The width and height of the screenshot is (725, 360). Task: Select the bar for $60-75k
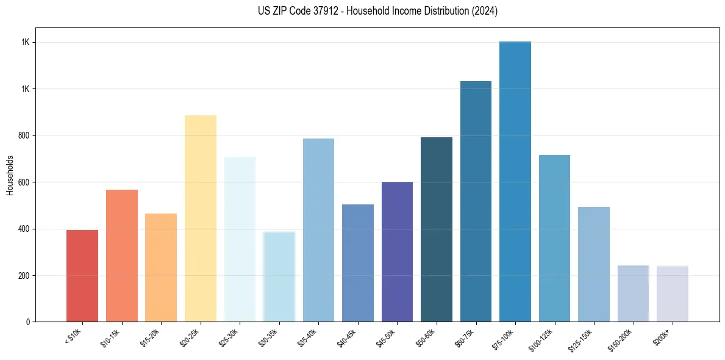tap(476, 201)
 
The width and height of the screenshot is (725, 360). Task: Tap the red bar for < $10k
tap(82, 276)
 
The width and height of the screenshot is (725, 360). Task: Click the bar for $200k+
tap(672, 293)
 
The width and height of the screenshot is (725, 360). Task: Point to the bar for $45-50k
tap(397, 251)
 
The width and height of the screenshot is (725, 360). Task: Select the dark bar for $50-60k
tap(437, 229)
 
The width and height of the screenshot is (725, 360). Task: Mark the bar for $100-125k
tap(554, 238)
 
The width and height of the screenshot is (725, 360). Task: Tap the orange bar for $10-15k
tap(122, 256)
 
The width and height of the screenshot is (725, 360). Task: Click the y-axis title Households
tap(10, 175)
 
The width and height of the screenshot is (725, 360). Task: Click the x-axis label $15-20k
tap(154, 337)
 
